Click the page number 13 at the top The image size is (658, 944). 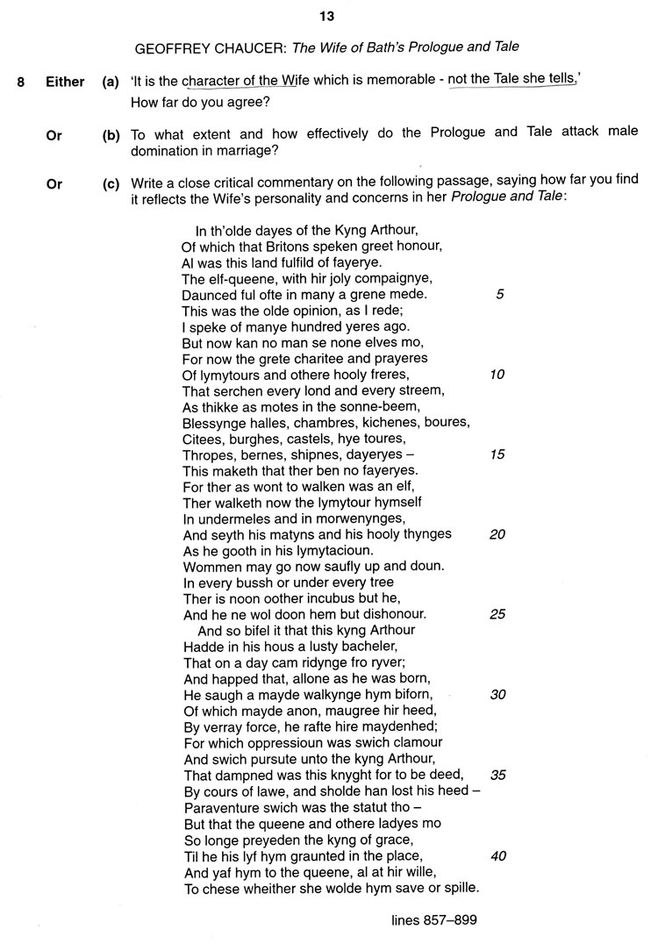click(x=327, y=15)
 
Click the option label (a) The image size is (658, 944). click(x=111, y=82)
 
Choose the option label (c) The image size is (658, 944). click(x=111, y=184)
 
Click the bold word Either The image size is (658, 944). click(x=65, y=82)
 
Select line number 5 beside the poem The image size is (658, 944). click(x=499, y=294)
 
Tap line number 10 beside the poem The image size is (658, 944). click(x=497, y=375)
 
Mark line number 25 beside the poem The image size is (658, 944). click(x=497, y=614)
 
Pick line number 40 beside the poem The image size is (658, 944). click(x=497, y=855)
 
